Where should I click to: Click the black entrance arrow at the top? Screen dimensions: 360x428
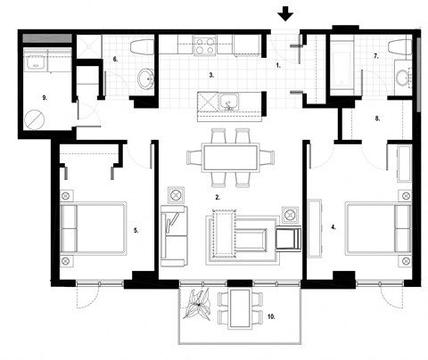tap(285, 13)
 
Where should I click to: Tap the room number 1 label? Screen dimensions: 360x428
tap(277, 66)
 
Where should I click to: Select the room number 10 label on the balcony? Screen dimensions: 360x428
tap(271, 316)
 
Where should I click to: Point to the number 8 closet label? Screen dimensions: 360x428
tap(377, 117)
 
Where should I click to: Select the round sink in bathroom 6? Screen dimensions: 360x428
tap(145, 78)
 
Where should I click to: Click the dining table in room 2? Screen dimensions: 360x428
tap(230, 158)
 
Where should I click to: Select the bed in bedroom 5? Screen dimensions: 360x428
tap(94, 227)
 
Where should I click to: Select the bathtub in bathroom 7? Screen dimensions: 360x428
tap(347, 64)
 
